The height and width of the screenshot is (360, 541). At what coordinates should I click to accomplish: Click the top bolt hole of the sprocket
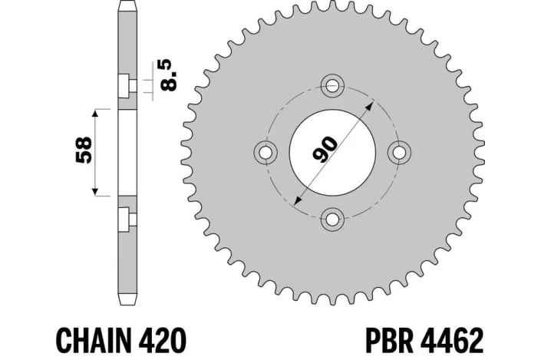tap(333, 85)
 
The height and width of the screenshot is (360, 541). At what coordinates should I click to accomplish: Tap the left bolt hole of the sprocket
tap(266, 152)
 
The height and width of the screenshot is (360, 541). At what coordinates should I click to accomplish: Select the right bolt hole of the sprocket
tap(399, 152)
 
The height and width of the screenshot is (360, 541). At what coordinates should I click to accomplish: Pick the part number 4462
tap(454, 338)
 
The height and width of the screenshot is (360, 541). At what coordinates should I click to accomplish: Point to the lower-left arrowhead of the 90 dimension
tap(298, 200)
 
